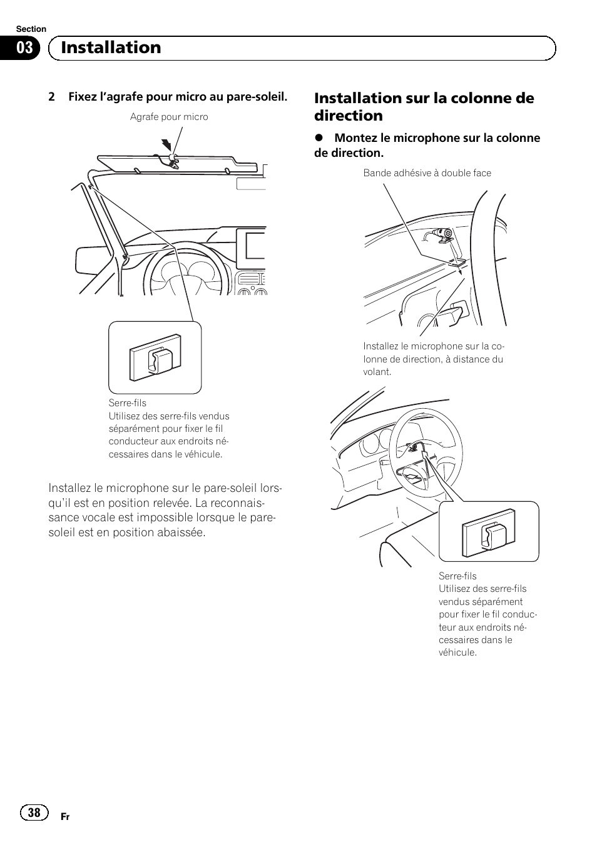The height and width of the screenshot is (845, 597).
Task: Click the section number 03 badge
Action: [x=24, y=48]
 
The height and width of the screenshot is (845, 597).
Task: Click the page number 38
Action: [x=34, y=812]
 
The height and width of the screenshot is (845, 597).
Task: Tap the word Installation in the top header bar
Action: [x=111, y=47]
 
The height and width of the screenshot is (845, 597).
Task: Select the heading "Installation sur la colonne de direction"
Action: [x=424, y=106]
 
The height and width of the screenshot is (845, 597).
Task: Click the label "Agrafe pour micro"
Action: [x=169, y=117]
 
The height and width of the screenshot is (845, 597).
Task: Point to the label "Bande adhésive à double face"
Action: [x=427, y=173]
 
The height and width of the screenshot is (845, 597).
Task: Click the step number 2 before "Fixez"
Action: [x=52, y=97]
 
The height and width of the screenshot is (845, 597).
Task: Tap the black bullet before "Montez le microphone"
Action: [x=319, y=138]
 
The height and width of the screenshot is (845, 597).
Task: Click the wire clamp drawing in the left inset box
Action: [x=155, y=358]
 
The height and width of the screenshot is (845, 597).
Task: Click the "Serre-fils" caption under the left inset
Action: [x=127, y=403]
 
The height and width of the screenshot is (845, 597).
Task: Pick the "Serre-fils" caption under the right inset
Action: [x=457, y=576]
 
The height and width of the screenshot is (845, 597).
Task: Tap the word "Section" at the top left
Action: [x=31, y=29]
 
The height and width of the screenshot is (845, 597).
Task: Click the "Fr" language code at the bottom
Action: [x=65, y=817]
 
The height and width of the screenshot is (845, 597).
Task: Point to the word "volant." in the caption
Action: [x=377, y=372]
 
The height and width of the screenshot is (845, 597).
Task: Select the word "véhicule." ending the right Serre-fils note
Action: [x=457, y=652]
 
